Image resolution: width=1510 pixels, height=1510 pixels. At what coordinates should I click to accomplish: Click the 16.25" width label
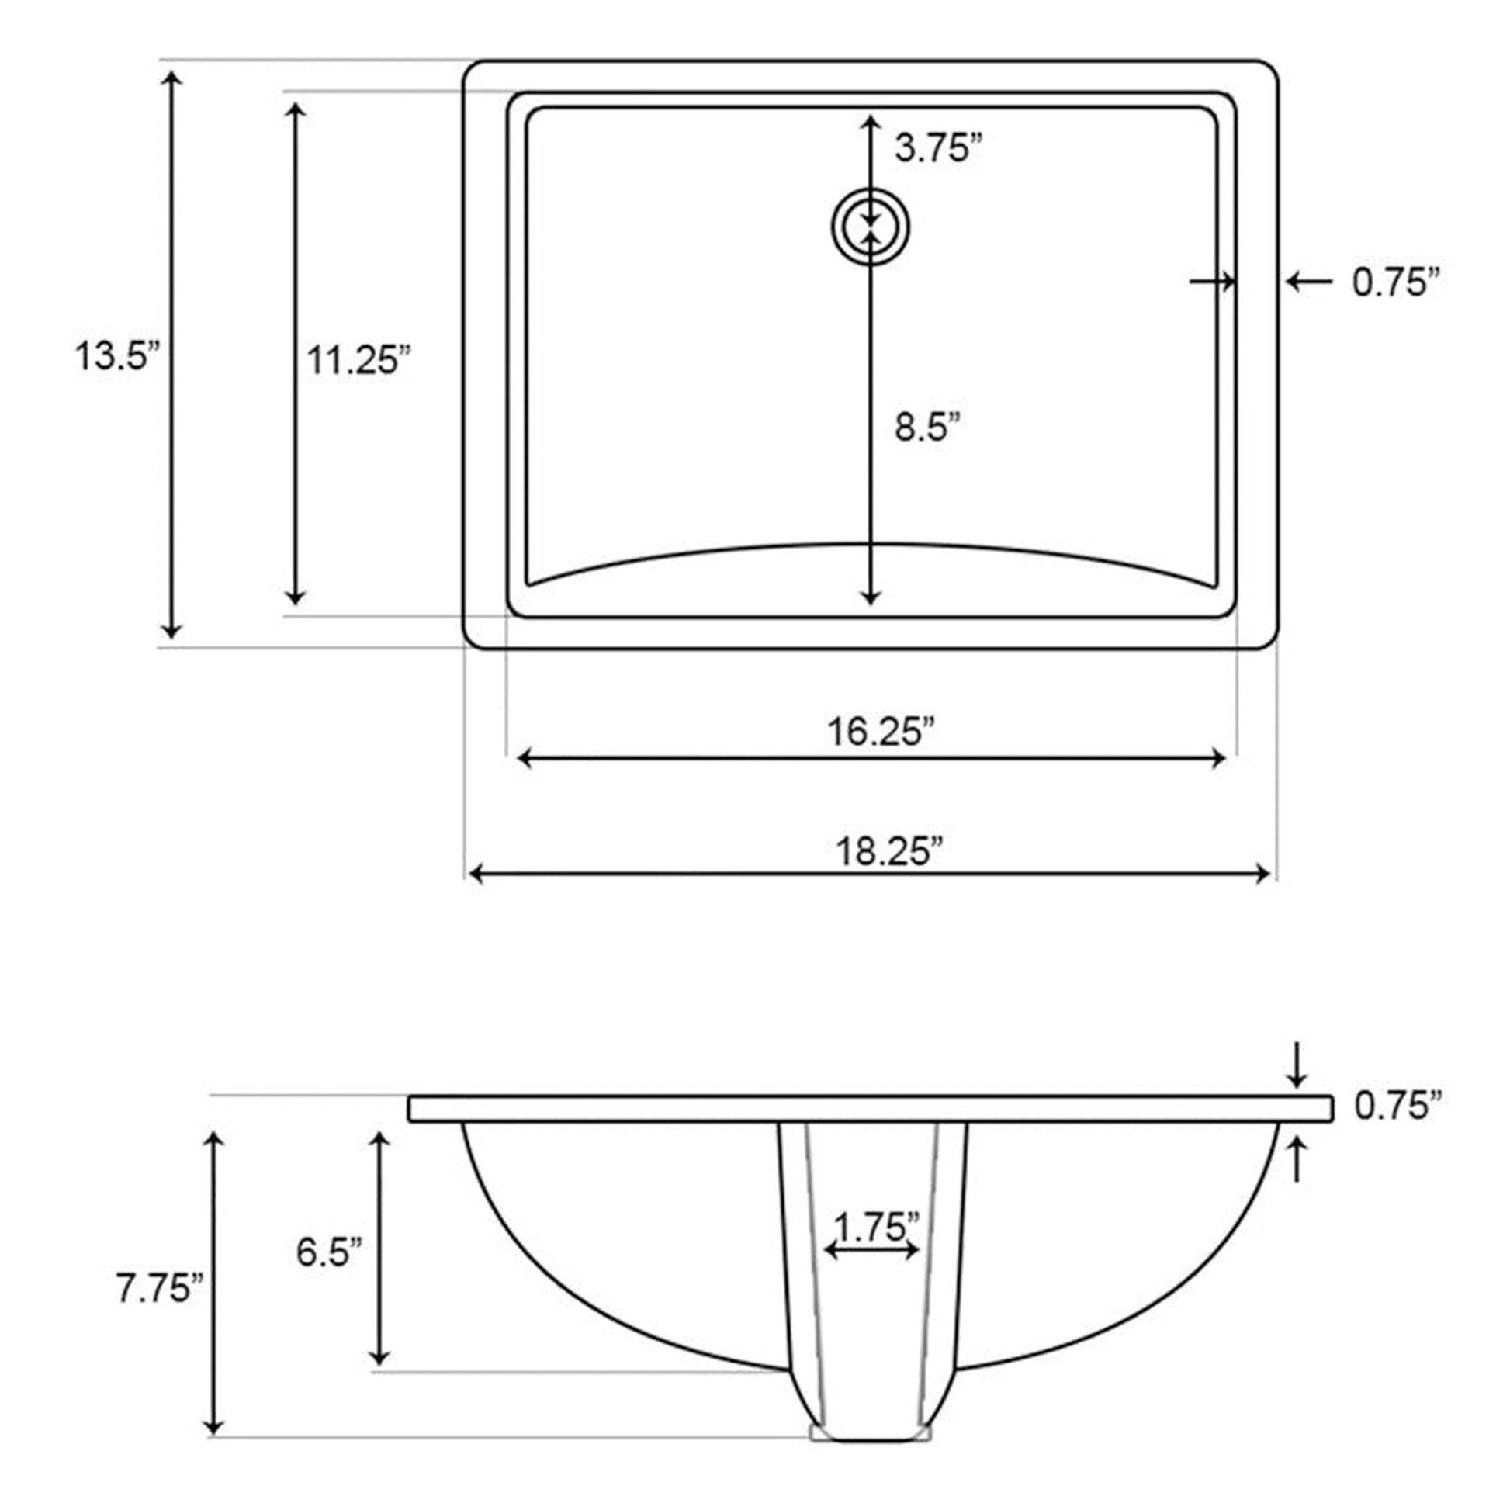tap(881, 732)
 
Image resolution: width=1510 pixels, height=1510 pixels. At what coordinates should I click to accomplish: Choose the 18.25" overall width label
tap(889, 851)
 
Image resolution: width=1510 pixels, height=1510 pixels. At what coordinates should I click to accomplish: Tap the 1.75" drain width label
tap(875, 1225)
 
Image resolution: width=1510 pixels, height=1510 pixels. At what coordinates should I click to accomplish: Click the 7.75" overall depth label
tap(160, 1287)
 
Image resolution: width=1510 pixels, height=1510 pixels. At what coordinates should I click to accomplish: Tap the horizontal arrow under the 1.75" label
tap(871, 1251)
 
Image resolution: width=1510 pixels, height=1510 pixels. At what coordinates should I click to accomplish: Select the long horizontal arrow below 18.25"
tap(868, 874)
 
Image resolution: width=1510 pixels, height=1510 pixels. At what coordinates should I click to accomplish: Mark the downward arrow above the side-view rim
tap(1297, 1065)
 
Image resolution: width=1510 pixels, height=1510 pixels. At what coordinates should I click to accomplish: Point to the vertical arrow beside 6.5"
tap(380, 1249)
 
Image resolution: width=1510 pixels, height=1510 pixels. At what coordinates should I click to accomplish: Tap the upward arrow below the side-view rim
tap(1297, 1159)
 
